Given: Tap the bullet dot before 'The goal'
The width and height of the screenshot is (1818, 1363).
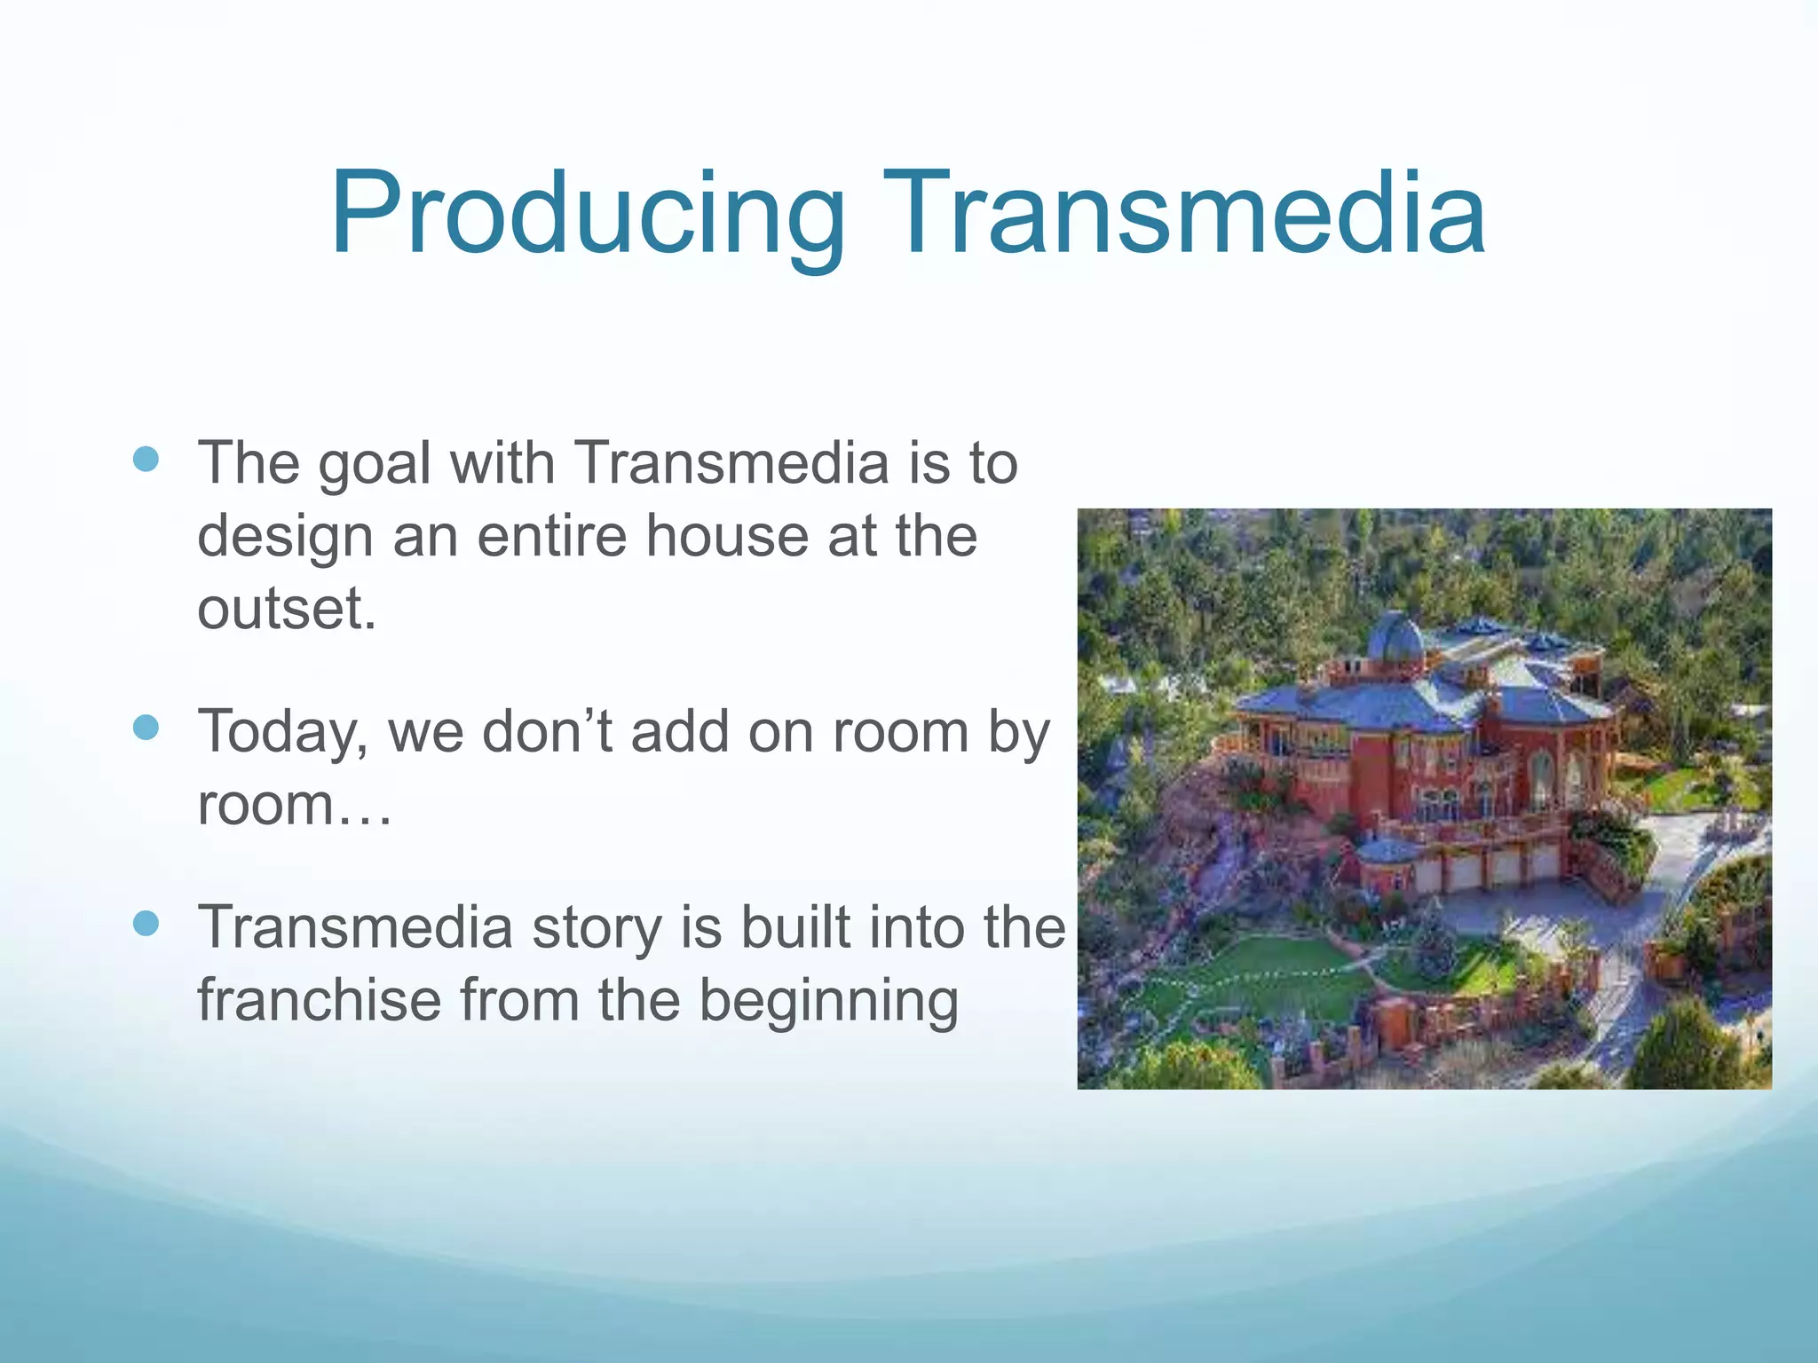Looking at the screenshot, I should [146, 459].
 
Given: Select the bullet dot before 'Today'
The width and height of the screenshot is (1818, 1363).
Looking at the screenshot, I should [146, 728].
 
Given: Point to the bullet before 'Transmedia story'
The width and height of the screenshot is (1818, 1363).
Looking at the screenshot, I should [146, 923].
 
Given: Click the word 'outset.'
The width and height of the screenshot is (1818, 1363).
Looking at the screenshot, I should [287, 609].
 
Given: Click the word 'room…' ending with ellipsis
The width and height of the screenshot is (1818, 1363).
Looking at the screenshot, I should [294, 806].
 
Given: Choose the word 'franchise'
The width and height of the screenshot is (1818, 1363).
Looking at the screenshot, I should [319, 1000].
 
